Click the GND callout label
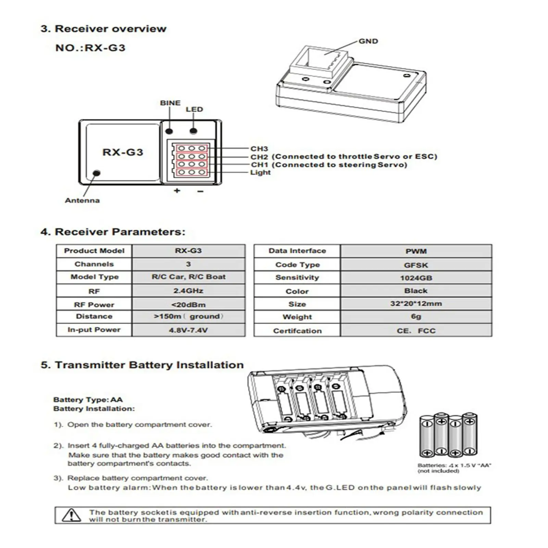point(368,41)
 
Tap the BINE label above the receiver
point(170,103)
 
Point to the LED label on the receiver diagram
point(194,110)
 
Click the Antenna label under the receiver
point(82,201)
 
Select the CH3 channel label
point(259,149)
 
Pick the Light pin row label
point(260,173)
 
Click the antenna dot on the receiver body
point(97,173)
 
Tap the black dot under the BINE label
point(169,131)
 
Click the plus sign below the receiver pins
point(177,190)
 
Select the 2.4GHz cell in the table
point(188,291)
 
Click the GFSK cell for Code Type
point(416,265)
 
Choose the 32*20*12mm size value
point(416,304)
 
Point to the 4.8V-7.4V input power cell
point(188,331)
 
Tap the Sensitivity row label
point(297,278)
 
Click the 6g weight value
point(416,317)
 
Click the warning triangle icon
point(71,515)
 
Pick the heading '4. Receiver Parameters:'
point(113,232)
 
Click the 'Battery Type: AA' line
point(88,400)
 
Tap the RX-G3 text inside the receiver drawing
point(123,152)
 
